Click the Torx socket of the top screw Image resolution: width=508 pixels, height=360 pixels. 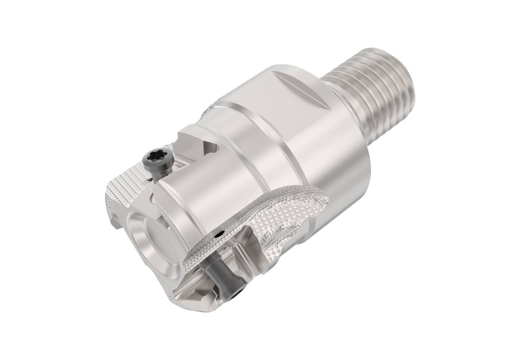pos(151,159)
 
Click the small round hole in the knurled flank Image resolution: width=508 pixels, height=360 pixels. pos(218,232)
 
